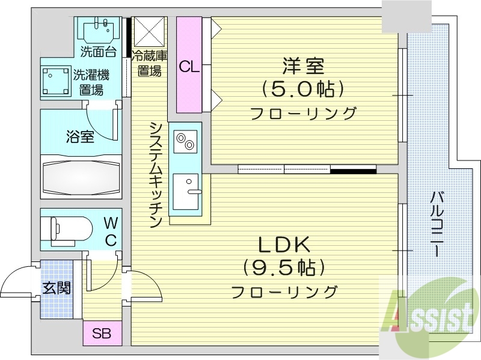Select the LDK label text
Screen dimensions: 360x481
click(284, 244)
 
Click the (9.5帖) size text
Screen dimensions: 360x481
click(284, 267)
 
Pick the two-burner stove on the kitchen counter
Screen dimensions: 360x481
click(185, 142)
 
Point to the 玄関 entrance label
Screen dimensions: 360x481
click(56, 288)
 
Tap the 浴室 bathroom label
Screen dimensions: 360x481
click(79, 136)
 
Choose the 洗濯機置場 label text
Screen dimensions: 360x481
click(91, 82)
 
